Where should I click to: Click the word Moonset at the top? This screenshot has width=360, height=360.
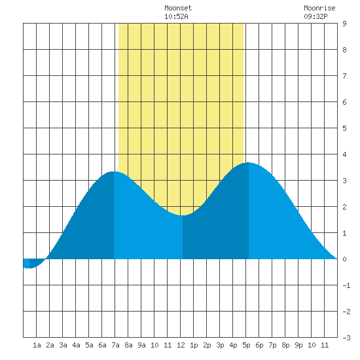(x=178, y=8)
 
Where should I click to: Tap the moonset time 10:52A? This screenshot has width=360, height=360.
(x=176, y=16)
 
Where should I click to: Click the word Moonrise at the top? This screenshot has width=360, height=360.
(x=319, y=8)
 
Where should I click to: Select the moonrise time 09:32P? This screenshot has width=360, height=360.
(x=315, y=16)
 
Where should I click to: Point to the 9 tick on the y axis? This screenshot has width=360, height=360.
(x=344, y=24)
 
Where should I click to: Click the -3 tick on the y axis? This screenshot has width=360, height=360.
(x=346, y=338)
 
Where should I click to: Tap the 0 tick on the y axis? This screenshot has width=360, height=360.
(x=344, y=259)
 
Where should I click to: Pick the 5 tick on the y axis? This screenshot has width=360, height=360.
(x=344, y=128)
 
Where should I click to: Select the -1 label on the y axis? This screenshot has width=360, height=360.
(x=346, y=285)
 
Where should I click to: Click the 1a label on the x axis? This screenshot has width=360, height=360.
(x=37, y=345)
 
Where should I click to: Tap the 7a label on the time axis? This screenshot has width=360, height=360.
(x=115, y=345)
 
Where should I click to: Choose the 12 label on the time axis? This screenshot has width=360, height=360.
(x=181, y=345)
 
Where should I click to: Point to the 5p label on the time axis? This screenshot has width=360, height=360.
(x=246, y=345)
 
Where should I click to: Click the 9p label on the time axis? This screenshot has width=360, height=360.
(x=298, y=345)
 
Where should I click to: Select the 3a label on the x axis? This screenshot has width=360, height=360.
(x=63, y=345)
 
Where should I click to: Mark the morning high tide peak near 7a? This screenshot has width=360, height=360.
(x=114, y=171)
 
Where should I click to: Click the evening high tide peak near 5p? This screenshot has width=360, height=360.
(x=249, y=163)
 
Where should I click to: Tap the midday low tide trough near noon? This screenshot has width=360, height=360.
(x=183, y=215)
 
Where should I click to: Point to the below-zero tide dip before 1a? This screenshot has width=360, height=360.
(x=29, y=268)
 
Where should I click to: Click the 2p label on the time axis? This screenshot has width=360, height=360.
(x=207, y=345)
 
